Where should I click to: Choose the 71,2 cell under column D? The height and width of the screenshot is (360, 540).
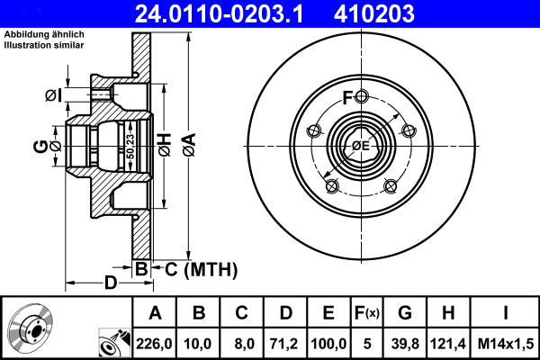(285, 344)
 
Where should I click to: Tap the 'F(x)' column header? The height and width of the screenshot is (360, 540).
(366, 313)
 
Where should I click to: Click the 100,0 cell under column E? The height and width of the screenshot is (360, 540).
(328, 344)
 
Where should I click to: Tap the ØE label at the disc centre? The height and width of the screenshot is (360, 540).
(360, 146)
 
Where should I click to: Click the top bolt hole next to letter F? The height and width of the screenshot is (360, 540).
(360, 96)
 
